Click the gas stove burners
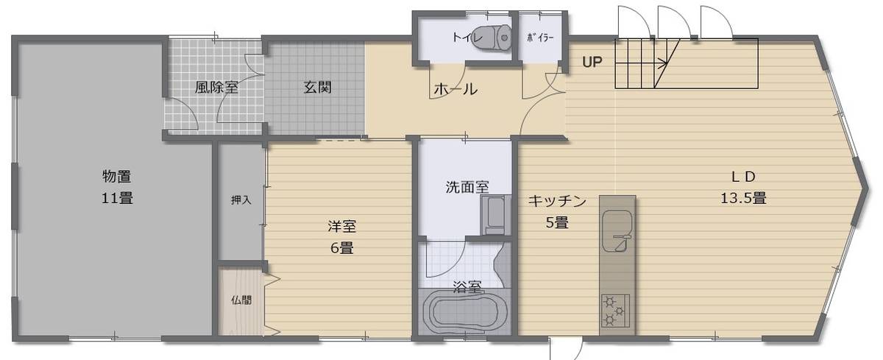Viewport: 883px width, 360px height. [617, 309]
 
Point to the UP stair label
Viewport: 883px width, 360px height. [592, 62]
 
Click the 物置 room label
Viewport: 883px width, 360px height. [117, 177]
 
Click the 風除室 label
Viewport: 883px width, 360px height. [216, 87]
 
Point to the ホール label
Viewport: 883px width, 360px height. [455, 90]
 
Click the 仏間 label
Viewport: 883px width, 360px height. [241, 300]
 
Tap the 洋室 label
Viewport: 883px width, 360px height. [341, 226]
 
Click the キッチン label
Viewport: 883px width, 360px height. [556, 200]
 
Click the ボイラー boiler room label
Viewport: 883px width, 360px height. [540, 36]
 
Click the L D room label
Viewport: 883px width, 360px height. [743, 177]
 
